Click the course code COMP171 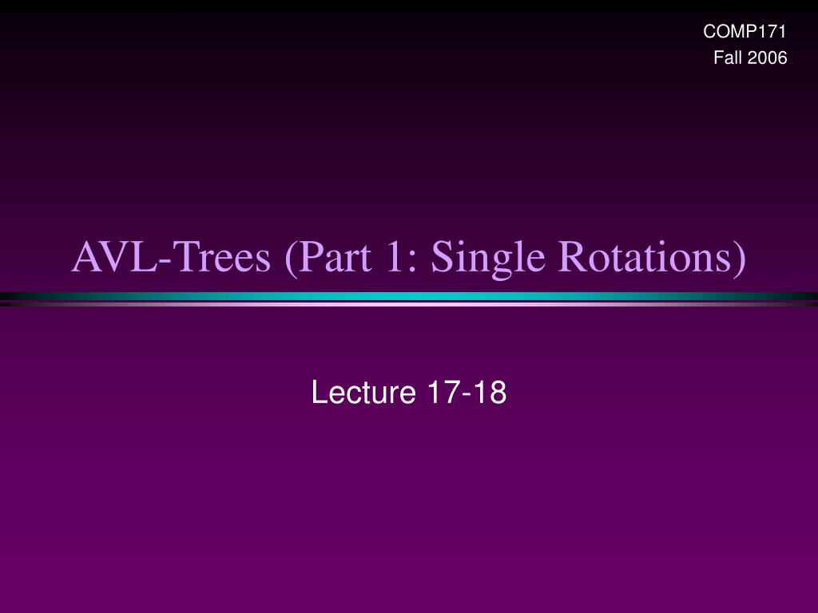click(x=745, y=31)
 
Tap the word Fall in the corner click(x=725, y=57)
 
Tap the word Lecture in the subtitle click(x=363, y=392)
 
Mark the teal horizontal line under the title click(x=409, y=296)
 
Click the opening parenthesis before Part click(x=291, y=259)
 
